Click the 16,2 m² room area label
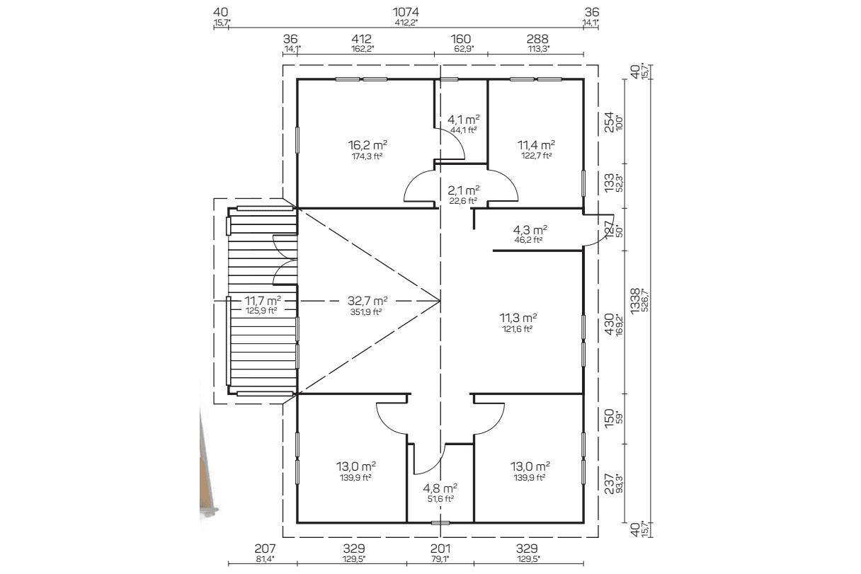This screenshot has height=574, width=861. (367, 145)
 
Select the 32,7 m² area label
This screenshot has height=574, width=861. (367, 300)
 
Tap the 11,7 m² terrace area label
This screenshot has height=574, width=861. (263, 300)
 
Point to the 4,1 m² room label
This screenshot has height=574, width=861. (463, 120)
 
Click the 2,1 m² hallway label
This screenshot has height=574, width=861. (463, 190)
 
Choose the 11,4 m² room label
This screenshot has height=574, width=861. (536, 145)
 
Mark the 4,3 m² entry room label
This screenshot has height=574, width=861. (530, 230)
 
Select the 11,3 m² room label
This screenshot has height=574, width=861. (518, 318)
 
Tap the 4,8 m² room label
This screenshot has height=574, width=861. (440, 488)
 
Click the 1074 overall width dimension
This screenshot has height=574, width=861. (406, 12)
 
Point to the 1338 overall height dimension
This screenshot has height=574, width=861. (635, 301)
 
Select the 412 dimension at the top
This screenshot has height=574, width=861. (361, 39)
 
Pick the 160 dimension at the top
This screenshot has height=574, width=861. (460, 39)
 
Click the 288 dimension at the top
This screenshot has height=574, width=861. (537, 39)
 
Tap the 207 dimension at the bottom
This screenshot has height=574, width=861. (265, 549)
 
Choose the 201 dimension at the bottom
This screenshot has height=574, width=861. (440, 549)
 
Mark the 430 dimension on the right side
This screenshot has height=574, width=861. (610, 324)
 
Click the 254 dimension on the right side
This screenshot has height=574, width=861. (610, 122)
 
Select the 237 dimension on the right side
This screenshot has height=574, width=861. (610, 483)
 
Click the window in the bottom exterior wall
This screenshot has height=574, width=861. (440, 522)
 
